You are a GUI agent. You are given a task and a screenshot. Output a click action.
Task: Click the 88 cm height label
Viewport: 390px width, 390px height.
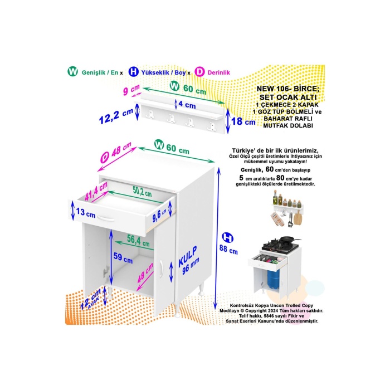pyautogui.click(x=228, y=250)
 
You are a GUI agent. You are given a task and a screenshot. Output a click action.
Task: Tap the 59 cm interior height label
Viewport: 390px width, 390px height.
pyautogui.click(x=123, y=257)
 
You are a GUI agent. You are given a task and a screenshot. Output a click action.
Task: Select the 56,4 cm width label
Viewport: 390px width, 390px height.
pyautogui.click(x=138, y=241)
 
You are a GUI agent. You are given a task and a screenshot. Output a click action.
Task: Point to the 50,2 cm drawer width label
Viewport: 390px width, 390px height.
pyautogui.click(x=142, y=192)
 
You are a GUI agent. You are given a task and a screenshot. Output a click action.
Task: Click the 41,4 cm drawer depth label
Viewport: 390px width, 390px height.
pyautogui.click(x=96, y=191)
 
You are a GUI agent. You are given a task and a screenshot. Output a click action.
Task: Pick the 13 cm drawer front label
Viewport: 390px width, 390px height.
pyautogui.click(x=86, y=213)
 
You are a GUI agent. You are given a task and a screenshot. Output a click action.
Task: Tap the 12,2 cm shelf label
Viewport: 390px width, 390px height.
pyautogui.click(x=116, y=116)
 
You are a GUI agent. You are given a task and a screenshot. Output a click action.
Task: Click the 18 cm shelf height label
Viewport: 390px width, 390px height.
pyautogui.click(x=243, y=121)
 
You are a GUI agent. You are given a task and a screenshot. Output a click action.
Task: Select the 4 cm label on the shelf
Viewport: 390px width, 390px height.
pyautogui.click(x=187, y=104)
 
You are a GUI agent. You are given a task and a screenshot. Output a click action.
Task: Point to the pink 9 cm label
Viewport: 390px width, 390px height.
pyautogui.click(x=131, y=90)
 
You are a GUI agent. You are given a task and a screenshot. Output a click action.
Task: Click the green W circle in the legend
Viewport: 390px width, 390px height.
pyautogui.click(x=72, y=72)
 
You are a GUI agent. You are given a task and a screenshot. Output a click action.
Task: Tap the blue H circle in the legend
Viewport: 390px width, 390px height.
pyautogui.click(x=134, y=72)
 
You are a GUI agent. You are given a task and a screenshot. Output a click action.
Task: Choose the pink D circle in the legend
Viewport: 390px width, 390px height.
pyautogui.click(x=199, y=72)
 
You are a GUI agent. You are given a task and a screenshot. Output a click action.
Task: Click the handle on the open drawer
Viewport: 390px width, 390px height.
pyautogui.click(x=106, y=219)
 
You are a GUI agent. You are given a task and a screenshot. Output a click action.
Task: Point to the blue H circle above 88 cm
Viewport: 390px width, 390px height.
pyautogui.click(x=227, y=238)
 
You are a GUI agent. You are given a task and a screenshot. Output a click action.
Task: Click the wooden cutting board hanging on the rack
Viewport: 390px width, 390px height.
pyautogui.click(x=298, y=218)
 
